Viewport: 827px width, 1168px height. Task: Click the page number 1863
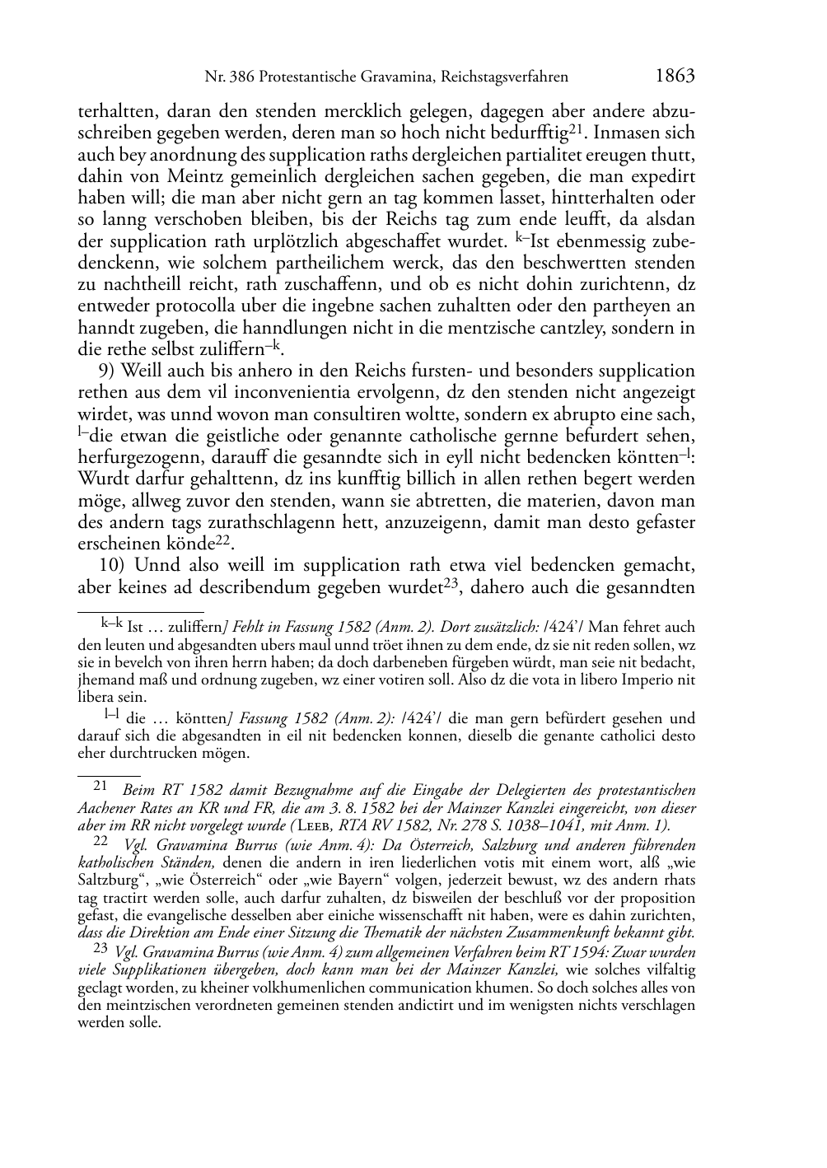(675, 77)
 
